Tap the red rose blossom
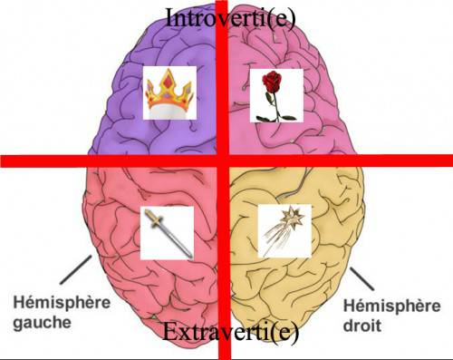point(272,81)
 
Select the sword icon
point(168,233)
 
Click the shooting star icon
point(284,230)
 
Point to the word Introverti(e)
point(231,17)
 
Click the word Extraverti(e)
point(231,333)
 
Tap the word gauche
point(43,323)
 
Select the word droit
point(362,326)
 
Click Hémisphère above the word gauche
point(62,302)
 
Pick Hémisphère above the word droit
point(391,306)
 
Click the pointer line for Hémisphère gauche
point(76,270)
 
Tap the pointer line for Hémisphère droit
point(361,278)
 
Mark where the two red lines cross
point(223,161)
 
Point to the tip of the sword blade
point(191,258)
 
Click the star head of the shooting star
point(292,217)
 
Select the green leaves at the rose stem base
point(276,117)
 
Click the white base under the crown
point(169,112)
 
